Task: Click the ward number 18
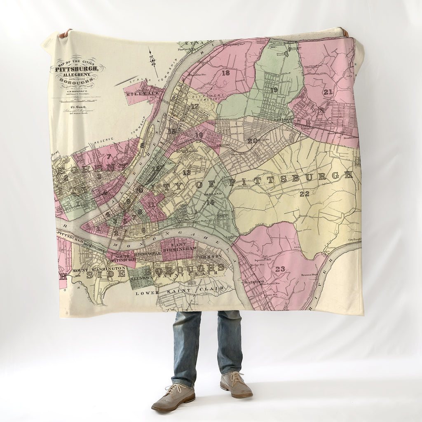pos(225,73)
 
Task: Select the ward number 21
pos(328,92)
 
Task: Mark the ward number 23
pos(280,269)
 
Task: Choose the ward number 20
pos(252,141)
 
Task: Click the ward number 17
pos(195,106)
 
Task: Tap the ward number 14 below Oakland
pos(210,202)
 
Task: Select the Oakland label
pos(213,193)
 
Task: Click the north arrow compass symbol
pos(153,59)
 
